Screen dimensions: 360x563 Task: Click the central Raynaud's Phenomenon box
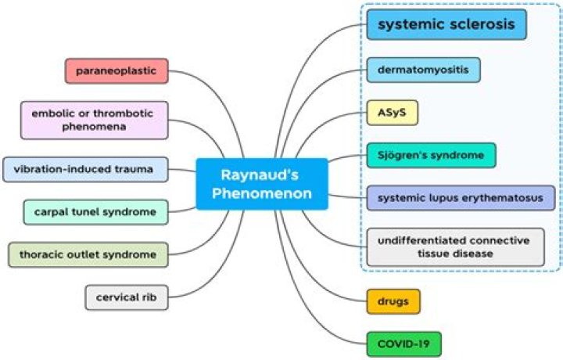(262, 183)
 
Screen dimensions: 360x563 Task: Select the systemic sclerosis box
(446, 25)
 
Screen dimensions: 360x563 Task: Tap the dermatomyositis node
(423, 70)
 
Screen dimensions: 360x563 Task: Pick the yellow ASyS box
(393, 113)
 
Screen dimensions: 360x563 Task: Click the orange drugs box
(393, 301)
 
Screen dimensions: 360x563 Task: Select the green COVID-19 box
(403, 344)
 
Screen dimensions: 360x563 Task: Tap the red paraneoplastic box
(117, 71)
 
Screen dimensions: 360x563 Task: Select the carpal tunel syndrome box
(95, 211)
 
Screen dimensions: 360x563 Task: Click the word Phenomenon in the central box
(262, 193)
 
